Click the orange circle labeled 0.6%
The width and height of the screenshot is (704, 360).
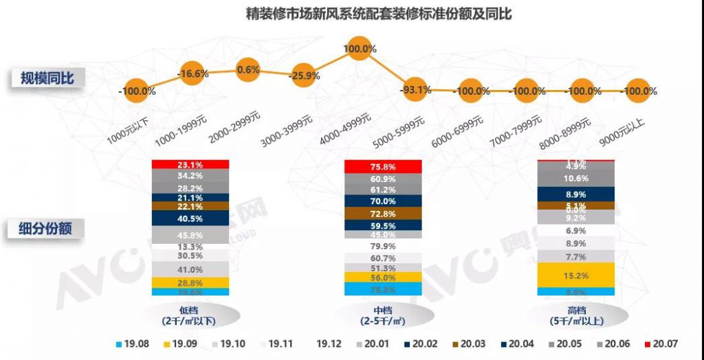tap(247, 69)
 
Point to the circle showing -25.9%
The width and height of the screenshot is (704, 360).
tap(305, 76)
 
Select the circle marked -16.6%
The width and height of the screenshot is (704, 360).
tap(192, 73)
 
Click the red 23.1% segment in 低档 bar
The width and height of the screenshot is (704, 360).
tap(190, 165)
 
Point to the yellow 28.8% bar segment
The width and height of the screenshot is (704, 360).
tap(190, 282)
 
